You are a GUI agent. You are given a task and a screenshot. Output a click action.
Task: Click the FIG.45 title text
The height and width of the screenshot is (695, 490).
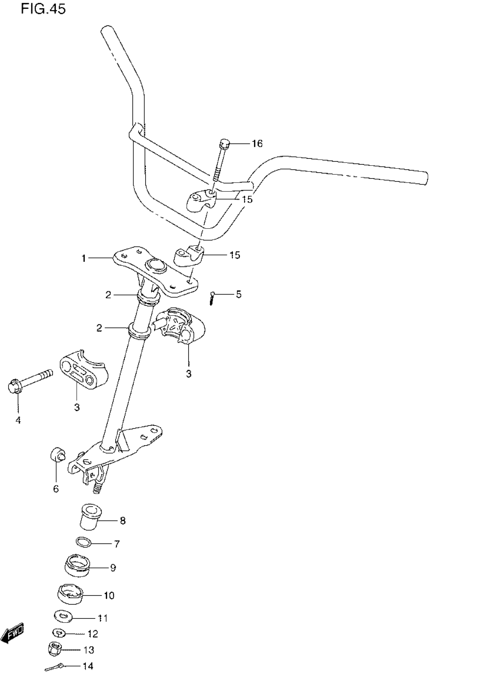pos(43,9)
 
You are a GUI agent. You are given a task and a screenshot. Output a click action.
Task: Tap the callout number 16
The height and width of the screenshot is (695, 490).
pos(257,143)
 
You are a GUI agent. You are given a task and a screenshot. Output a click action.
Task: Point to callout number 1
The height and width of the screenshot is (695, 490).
pos(84,259)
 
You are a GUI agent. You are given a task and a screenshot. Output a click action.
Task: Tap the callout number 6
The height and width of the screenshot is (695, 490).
pos(56,489)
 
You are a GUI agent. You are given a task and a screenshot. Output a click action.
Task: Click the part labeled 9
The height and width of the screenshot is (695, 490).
pos(78,566)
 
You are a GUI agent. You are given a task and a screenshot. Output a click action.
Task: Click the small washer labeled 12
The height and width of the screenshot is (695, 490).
pos(59,633)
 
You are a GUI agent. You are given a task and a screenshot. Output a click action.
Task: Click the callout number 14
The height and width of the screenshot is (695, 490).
pos(88,666)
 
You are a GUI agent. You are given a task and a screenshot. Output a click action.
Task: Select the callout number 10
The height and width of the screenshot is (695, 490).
pos(109,595)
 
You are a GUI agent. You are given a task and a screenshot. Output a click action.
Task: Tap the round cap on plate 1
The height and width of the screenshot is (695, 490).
pos(156,265)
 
